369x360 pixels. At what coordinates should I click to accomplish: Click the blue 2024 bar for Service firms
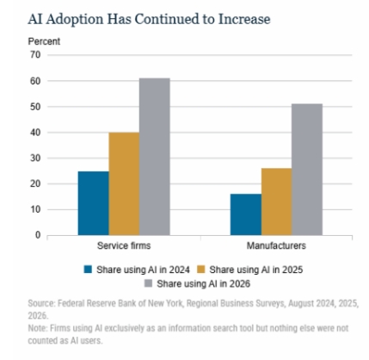[94, 203]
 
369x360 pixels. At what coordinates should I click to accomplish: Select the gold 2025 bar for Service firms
[124, 183]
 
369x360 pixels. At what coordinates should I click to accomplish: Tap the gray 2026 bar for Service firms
[155, 157]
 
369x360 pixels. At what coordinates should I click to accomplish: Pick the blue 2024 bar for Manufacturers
[246, 214]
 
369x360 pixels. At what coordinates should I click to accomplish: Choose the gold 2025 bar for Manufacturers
[277, 202]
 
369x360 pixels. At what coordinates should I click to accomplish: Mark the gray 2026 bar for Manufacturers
[307, 170]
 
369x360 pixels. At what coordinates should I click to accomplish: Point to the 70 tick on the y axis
[35, 55]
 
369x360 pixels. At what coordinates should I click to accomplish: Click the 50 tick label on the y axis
[35, 107]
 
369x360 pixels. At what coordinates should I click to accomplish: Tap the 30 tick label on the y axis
[35, 158]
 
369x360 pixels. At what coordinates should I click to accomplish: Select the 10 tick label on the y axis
[35, 209]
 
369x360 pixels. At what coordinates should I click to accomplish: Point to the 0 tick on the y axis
[38, 235]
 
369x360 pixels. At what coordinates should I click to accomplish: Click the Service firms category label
[124, 245]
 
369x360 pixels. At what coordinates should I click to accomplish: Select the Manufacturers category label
[276, 245]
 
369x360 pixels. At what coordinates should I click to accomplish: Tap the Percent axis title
[44, 41]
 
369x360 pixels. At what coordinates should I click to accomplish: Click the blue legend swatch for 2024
[88, 270]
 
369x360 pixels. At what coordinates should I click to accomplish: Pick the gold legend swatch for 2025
[201, 270]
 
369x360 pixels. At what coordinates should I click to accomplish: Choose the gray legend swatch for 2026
[148, 283]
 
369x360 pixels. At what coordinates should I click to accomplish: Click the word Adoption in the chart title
[75, 20]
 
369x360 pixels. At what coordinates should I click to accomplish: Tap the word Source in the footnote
[41, 303]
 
